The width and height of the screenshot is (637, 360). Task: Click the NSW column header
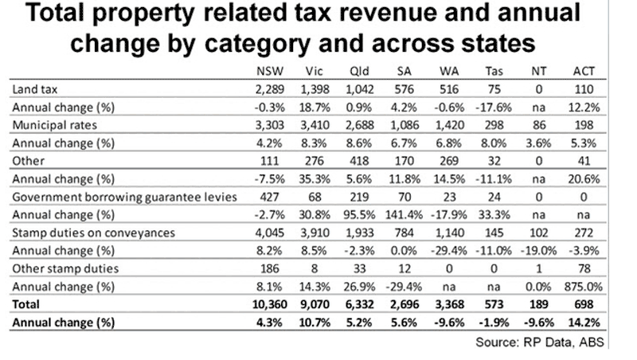270,71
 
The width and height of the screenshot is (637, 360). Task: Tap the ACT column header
584,71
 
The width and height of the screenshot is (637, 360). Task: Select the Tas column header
494,71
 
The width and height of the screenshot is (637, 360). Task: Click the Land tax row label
35,89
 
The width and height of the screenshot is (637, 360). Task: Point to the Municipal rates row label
54,125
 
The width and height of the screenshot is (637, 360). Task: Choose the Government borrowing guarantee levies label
124,197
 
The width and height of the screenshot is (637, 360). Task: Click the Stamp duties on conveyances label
93,233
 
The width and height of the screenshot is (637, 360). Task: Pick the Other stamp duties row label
65,268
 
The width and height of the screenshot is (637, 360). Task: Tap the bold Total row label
26,304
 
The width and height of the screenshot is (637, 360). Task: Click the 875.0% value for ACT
584,287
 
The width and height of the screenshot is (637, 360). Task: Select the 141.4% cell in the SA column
404,215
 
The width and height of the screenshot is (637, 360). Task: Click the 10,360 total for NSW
270,304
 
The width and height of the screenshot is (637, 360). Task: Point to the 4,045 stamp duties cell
270,233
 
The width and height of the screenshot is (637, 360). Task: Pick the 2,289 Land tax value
270,89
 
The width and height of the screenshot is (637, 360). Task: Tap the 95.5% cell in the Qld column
359,215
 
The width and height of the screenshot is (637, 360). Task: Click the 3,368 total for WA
449,304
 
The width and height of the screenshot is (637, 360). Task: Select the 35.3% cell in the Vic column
315,179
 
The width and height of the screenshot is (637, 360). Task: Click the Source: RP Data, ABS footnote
540,342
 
